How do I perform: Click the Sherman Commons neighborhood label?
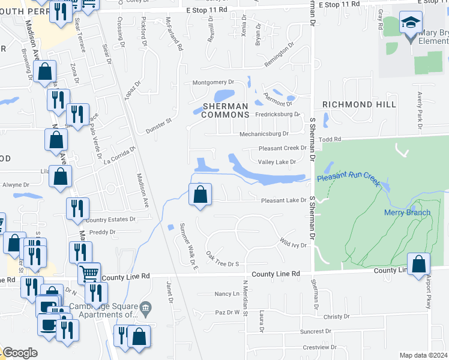pyautogui.click(x=225, y=110)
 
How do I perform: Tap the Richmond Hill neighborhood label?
pyautogui.click(x=359, y=104)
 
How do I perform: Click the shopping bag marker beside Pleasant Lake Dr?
pyautogui.click(x=201, y=194)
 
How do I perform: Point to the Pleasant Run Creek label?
pyautogui.click(x=349, y=179)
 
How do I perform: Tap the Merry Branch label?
pyautogui.click(x=407, y=212)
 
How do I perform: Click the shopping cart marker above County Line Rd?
pyautogui.click(x=89, y=274)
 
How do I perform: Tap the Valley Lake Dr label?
pyautogui.click(x=277, y=162)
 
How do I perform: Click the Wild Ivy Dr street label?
pyautogui.click(x=293, y=243)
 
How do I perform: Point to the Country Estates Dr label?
pyautogui.click(x=112, y=220)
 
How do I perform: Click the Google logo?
pyautogui.click(x=20, y=353)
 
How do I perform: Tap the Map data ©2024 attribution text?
pyautogui.click(x=423, y=355)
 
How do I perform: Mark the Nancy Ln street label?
pyautogui.click(x=227, y=294)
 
